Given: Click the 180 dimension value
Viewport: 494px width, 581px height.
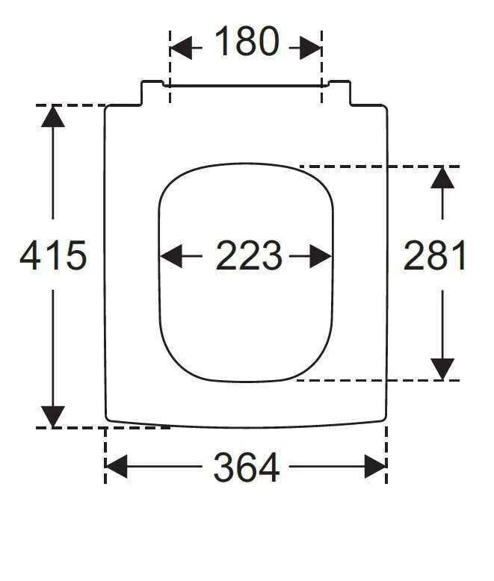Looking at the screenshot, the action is [x=247, y=41].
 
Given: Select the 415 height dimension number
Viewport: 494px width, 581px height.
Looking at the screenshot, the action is [x=53, y=255].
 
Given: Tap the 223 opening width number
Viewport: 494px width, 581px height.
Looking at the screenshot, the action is [x=248, y=255].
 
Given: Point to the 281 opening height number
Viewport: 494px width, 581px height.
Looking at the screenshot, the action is [x=434, y=255].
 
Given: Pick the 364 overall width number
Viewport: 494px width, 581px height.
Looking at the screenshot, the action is [x=247, y=467].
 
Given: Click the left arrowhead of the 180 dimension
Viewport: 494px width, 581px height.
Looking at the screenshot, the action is [x=181, y=48].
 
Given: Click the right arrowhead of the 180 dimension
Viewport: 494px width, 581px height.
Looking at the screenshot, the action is [x=311, y=48].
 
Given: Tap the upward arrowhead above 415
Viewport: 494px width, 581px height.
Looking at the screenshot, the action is [x=53, y=116].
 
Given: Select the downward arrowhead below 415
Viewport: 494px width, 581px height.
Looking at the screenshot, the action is [x=53, y=417].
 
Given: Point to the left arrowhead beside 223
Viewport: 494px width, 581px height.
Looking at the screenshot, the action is [x=171, y=256].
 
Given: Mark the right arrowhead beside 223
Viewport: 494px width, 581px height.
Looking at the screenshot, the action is [x=321, y=256].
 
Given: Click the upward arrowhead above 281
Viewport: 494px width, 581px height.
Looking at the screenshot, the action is [x=442, y=178].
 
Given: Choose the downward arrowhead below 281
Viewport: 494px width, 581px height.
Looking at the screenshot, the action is [x=442, y=369].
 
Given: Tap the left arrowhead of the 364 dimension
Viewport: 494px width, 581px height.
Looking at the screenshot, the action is [x=117, y=467].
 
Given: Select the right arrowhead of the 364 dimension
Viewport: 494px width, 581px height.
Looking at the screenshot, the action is [x=376, y=467].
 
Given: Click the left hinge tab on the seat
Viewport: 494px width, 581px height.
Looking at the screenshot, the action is [x=152, y=93].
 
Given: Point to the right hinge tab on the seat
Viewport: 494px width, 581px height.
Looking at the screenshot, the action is [x=340, y=93].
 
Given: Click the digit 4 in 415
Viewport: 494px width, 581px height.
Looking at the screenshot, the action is [x=30, y=255].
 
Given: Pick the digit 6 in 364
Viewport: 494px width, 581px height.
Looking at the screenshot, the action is [x=247, y=467].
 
